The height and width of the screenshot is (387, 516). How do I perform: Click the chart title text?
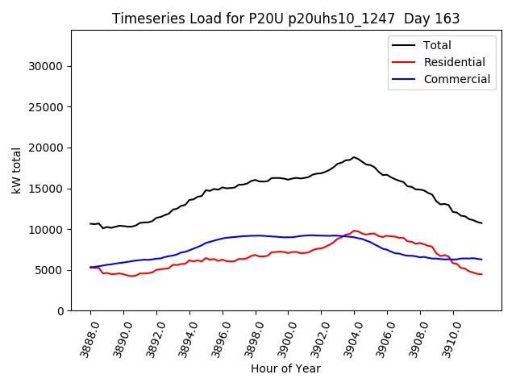(285, 19)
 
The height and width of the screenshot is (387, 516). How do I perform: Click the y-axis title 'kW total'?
(17, 171)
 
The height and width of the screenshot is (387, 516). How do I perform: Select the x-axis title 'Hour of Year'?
(285, 368)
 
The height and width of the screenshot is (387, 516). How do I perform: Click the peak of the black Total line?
(354, 157)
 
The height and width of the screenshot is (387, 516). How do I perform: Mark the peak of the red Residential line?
(355, 231)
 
